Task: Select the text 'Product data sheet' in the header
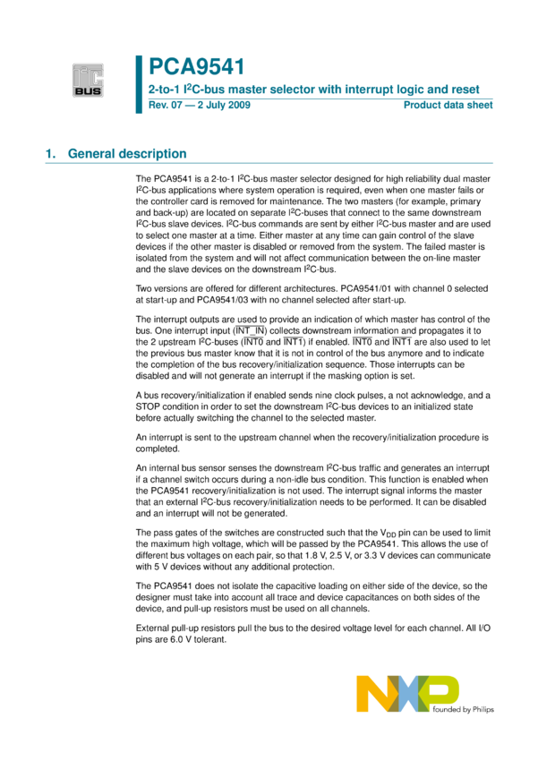(448, 106)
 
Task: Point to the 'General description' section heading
(127, 153)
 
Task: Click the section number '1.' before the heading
(51, 153)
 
